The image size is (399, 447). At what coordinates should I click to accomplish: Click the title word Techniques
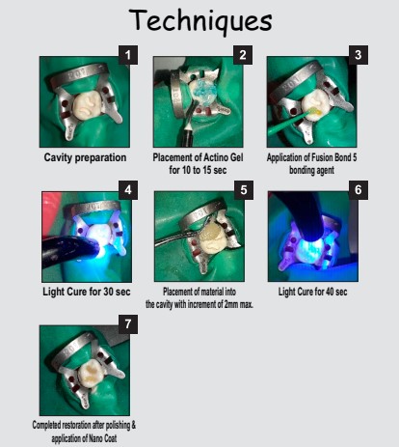[200, 20]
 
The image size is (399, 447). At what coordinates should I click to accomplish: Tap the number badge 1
[128, 55]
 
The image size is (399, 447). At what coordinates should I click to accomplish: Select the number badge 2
[243, 55]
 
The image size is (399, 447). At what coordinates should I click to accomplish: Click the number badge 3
[359, 55]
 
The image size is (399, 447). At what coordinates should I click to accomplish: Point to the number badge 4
[128, 190]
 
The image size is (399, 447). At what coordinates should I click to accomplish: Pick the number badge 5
[244, 190]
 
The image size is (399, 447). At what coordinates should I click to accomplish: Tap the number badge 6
[359, 190]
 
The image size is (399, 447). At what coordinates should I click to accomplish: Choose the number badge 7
[128, 324]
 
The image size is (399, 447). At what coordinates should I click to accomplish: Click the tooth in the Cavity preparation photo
[88, 105]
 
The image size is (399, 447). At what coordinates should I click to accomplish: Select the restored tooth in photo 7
[91, 375]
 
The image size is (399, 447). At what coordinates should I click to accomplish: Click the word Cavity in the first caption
[57, 157]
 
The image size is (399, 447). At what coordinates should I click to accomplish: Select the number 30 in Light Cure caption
[109, 292]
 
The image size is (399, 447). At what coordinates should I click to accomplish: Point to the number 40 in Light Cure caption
[330, 292]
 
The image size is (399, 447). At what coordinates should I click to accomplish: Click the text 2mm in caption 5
[230, 304]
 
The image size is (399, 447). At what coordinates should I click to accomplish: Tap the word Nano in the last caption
[96, 438]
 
